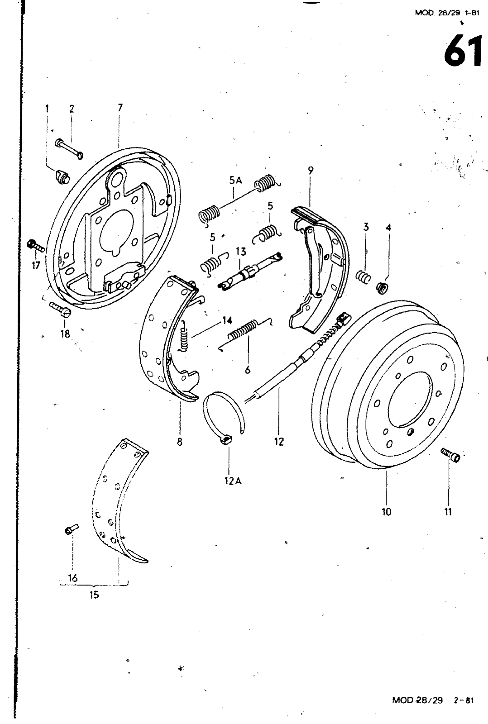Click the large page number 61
tap(463, 51)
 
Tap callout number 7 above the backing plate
tap(120, 108)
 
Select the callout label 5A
tap(236, 181)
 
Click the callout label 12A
tap(233, 481)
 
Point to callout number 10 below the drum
tap(387, 512)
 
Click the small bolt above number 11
tap(450, 455)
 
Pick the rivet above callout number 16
tap(72, 529)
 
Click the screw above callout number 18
tap(61, 308)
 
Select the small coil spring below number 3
tap(364, 276)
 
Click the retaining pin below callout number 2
tap(69, 148)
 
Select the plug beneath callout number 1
tap(62, 176)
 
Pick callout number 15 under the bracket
tap(95, 595)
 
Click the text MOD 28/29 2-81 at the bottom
tap(433, 700)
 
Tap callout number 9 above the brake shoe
tap(311, 170)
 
